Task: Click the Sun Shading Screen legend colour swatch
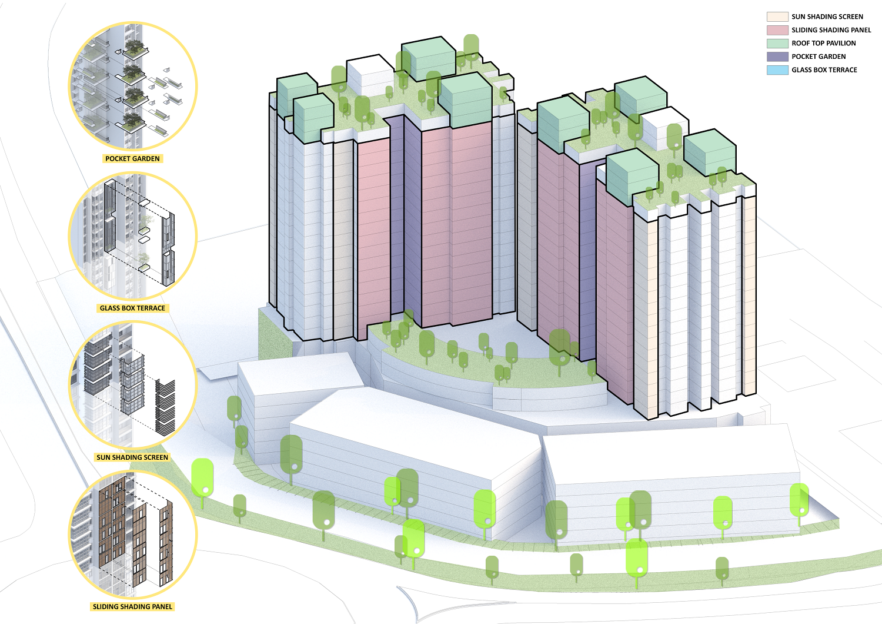click(x=777, y=16)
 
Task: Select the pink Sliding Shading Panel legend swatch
click(x=777, y=30)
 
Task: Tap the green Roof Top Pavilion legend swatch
click(x=777, y=44)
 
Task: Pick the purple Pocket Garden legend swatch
click(x=777, y=57)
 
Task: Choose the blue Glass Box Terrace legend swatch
click(x=777, y=70)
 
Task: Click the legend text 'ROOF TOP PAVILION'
click(x=823, y=44)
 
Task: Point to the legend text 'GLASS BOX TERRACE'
click(x=824, y=70)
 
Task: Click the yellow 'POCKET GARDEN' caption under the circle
click(x=132, y=159)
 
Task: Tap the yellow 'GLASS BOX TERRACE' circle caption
click(x=132, y=308)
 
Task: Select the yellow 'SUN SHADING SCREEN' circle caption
click(x=132, y=457)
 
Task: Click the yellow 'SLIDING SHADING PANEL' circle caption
click(x=132, y=607)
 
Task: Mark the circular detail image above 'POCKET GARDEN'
click(x=133, y=87)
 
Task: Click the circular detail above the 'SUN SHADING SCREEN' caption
click(x=133, y=386)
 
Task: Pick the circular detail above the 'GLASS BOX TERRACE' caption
click(x=133, y=236)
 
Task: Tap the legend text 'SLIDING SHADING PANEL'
click(x=831, y=30)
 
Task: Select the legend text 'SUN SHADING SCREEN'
click(x=827, y=16)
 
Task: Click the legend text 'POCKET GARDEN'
click(x=818, y=57)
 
